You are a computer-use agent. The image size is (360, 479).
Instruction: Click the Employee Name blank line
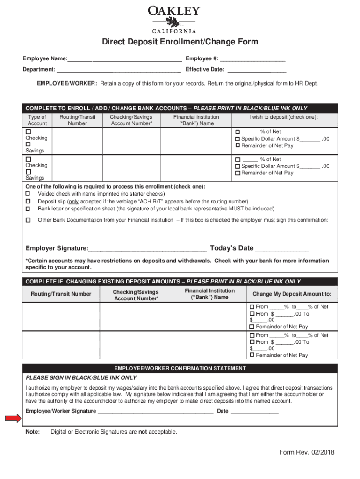pyautogui.click(x=124, y=59)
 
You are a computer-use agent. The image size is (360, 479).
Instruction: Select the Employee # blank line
pyautogui.click(x=252, y=59)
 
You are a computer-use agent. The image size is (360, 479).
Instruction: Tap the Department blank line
pyautogui.click(x=118, y=70)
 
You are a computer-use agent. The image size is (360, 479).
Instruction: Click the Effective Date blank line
pyautogui.click(x=256, y=70)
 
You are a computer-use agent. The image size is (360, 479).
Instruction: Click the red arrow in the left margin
pyautogui.click(x=13, y=418)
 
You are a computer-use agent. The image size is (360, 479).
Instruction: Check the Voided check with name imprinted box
pyautogui.click(x=28, y=194)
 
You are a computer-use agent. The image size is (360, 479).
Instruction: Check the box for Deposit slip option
pyautogui.click(x=28, y=201)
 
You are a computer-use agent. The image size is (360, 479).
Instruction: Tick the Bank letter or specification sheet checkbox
pyautogui.click(x=28, y=209)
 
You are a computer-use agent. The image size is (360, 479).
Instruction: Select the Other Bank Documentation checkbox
pyautogui.click(x=28, y=220)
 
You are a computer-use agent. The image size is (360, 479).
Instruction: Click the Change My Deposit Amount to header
pyautogui.click(x=292, y=294)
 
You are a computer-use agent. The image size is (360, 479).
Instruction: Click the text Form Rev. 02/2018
pyautogui.click(x=307, y=452)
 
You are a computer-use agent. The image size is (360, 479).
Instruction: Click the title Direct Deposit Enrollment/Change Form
pyautogui.click(x=180, y=42)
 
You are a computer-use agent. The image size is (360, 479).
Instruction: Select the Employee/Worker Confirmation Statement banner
pyautogui.click(x=180, y=368)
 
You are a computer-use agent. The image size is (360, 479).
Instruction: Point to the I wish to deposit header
pyautogui.click(x=283, y=117)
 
